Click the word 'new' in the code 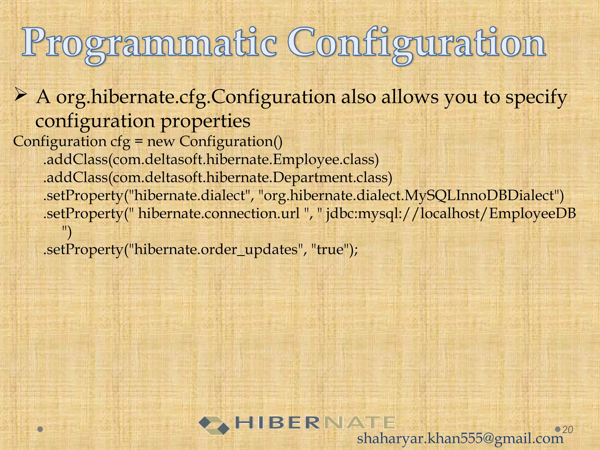[x=161, y=142]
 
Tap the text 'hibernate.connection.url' [x=219, y=214]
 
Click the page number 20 [x=567, y=430]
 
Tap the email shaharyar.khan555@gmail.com [x=460, y=439]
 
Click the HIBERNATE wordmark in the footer [x=315, y=423]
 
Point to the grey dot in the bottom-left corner [x=41, y=429]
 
